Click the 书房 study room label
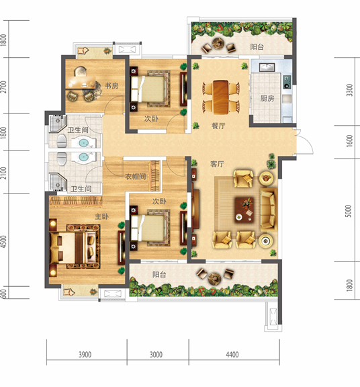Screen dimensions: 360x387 tap(111, 85)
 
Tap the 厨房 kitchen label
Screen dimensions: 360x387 tap(267, 99)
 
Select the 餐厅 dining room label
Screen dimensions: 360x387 tap(218, 126)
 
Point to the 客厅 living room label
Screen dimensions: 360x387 tap(217, 164)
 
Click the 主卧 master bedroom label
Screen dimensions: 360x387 tap(101, 216)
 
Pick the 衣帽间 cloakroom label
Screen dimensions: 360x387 tap(135, 177)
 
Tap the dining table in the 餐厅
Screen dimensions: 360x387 tap(220, 97)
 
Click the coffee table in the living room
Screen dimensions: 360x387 tap(244, 210)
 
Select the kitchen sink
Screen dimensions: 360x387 tap(267, 67)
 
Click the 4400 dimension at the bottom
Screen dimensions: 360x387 tap(232, 355)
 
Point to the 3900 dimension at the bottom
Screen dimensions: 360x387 tap(85, 355)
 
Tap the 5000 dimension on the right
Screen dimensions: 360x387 tap(348, 211)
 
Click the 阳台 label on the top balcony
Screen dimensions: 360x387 tap(257, 46)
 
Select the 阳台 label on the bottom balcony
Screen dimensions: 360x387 tap(159, 274)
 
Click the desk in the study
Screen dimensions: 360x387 tap(81, 82)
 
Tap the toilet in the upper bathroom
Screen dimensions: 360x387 tap(62, 141)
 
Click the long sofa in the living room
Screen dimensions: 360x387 tap(269, 210)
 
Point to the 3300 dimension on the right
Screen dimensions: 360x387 tap(349, 90)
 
